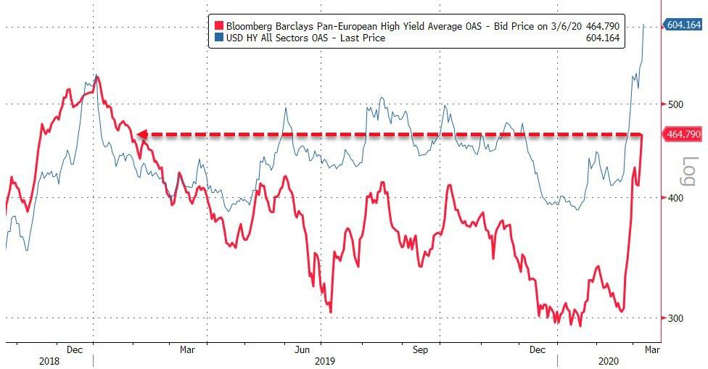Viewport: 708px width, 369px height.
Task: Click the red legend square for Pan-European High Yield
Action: click(x=215, y=25)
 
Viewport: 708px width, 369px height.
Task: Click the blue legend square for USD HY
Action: click(x=215, y=38)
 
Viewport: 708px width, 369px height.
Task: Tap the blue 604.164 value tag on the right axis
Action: click(x=683, y=25)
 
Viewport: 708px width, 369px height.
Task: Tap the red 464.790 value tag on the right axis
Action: click(x=683, y=134)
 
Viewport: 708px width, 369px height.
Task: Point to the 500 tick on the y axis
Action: click(x=676, y=104)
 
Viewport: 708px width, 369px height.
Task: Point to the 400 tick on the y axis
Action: click(x=676, y=198)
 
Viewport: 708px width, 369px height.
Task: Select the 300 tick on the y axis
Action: click(x=676, y=318)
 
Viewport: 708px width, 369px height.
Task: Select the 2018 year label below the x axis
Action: click(x=50, y=360)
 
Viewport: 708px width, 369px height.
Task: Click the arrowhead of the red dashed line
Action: click(x=141, y=134)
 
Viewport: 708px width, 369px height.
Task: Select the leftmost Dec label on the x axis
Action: click(x=75, y=349)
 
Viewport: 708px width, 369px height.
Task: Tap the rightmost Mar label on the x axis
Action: click(x=651, y=349)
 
